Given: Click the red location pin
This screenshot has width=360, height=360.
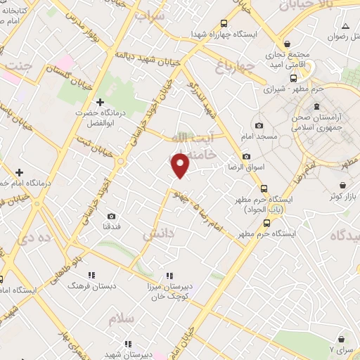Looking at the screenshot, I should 181,165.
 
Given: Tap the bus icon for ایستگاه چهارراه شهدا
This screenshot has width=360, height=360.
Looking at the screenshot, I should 224,22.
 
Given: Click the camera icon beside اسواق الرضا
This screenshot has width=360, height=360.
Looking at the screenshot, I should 246,156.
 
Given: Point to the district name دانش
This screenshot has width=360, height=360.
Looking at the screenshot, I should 158,233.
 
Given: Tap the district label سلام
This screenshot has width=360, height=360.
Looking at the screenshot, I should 121,318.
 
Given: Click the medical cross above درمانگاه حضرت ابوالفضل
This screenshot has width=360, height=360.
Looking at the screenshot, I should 99,103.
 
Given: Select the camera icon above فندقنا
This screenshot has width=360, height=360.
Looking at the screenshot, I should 111,216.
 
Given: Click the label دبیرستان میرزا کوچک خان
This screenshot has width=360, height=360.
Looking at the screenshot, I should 169,292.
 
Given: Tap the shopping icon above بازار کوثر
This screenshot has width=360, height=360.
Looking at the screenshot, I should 333,184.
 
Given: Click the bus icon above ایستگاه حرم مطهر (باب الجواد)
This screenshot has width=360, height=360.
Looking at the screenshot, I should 263,188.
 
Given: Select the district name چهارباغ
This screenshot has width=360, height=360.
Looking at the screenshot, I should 229,67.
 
